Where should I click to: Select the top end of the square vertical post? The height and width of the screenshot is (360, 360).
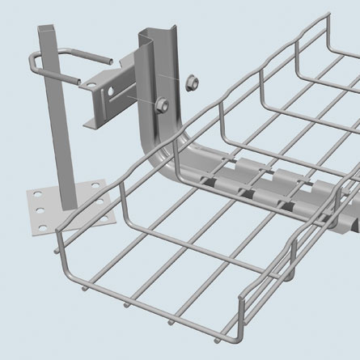coord(48,28)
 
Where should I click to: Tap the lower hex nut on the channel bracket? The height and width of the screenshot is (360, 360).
coord(159,103)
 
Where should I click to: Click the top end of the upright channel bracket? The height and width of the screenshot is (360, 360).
coord(151,34)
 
